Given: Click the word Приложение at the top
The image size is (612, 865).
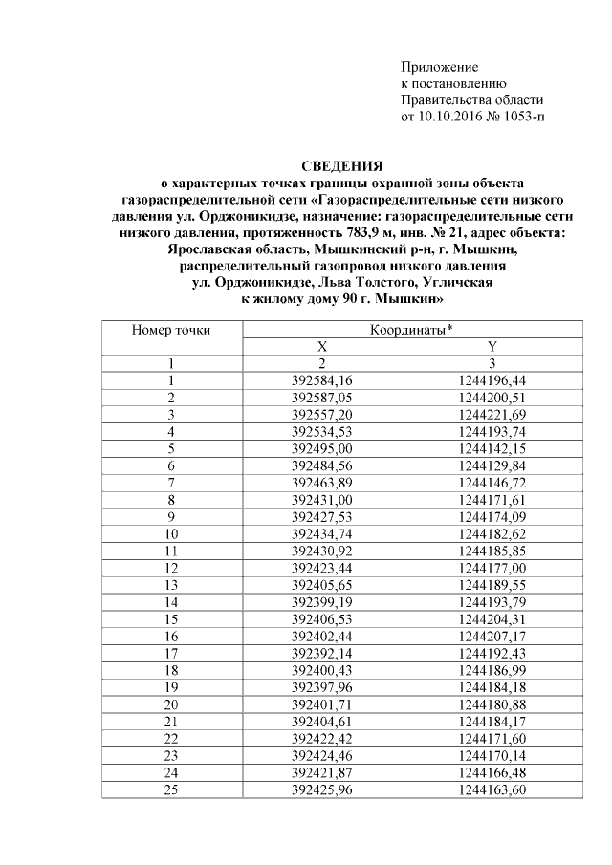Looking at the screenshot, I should point(439,68).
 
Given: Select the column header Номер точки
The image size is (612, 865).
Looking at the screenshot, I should point(171,330).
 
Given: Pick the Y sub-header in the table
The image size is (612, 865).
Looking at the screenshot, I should point(492,346).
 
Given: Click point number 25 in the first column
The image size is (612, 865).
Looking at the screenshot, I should point(171,790).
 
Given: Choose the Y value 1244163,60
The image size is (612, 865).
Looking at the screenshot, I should point(492,790).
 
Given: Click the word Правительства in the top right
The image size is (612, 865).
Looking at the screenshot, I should point(446,100).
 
